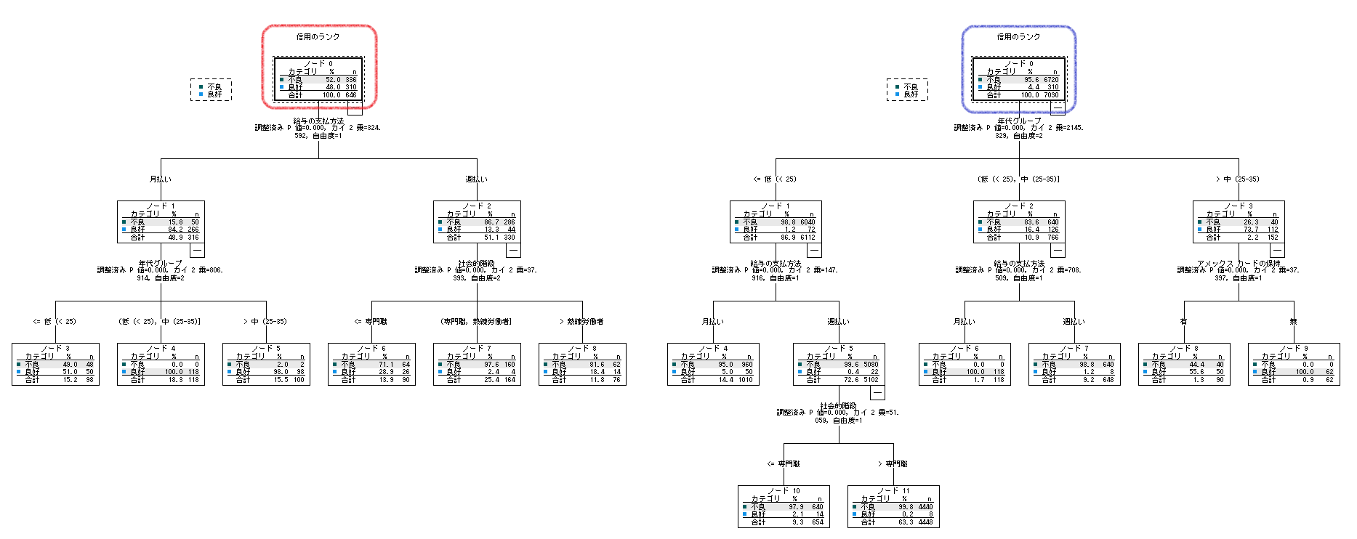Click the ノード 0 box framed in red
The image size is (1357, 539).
[318, 79]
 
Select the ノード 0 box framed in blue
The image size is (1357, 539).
[1018, 79]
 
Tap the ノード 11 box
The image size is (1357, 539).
[893, 506]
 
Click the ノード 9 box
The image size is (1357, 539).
[1294, 364]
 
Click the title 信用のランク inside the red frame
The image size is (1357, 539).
[318, 36]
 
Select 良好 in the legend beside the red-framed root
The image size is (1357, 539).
[214, 94]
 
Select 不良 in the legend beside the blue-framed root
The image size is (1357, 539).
[910, 86]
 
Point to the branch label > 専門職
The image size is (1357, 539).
[893, 463]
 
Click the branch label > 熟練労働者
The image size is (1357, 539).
[581, 321]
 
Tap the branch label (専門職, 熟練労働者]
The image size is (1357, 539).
[476, 321]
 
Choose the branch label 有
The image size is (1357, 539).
[1184, 321]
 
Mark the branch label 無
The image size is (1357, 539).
[1293, 321]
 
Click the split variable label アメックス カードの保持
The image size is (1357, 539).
[1239, 263]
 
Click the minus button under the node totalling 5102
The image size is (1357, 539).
[877, 393]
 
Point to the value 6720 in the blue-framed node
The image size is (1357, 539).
[1051, 80]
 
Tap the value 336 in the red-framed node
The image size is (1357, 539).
[351, 80]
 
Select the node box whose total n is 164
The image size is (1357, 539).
[477, 364]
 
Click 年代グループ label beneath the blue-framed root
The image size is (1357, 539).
[1018, 121]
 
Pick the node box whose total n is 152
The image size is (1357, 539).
[1239, 222]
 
